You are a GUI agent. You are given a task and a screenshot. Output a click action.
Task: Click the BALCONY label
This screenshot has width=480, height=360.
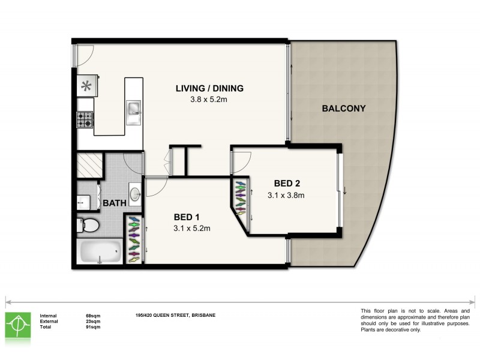pos(344,109)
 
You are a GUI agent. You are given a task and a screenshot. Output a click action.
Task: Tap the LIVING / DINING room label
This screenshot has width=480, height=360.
pos(209,89)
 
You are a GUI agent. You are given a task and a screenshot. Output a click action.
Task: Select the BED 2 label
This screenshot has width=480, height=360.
pos(287,184)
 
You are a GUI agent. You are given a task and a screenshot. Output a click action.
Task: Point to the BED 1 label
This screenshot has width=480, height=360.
pos(187,217)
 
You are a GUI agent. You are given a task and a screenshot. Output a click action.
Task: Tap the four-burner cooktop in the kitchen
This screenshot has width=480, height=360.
pos(85,120)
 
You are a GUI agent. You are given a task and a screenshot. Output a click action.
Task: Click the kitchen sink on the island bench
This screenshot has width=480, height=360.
pos(134,109)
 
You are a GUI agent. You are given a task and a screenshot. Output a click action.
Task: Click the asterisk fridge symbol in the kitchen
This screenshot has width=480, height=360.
pos(85,85)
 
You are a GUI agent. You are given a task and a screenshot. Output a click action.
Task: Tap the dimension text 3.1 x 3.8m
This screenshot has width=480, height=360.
pos(287,194)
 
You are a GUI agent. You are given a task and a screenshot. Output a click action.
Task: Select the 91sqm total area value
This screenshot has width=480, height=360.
pos(94,328)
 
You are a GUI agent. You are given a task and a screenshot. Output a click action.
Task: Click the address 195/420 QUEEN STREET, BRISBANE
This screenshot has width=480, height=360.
pos(175,315)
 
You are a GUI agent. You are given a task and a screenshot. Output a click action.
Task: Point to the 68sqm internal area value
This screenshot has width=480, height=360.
pos(94,315)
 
